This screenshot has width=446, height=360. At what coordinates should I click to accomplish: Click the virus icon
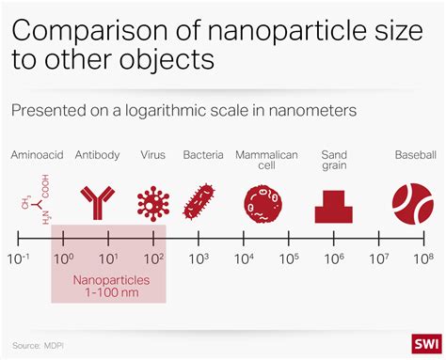pos(152,201)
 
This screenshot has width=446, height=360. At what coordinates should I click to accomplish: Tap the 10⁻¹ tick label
pos(19,258)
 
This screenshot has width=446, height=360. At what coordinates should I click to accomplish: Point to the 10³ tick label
pos(199,258)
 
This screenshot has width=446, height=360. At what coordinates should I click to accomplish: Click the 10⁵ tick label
pos(289,258)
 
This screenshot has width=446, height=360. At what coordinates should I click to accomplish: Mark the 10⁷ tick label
pos(378,258)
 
